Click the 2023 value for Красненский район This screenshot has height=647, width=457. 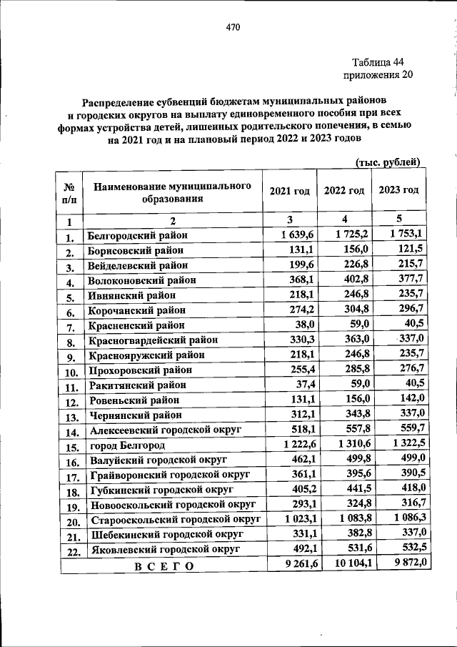click(412, 323)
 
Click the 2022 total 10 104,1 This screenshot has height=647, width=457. click(345, 565)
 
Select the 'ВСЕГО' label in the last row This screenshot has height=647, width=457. click(164, 566)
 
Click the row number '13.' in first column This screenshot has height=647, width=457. click(71, 416)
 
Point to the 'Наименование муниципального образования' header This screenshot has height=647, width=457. click(172, 192)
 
